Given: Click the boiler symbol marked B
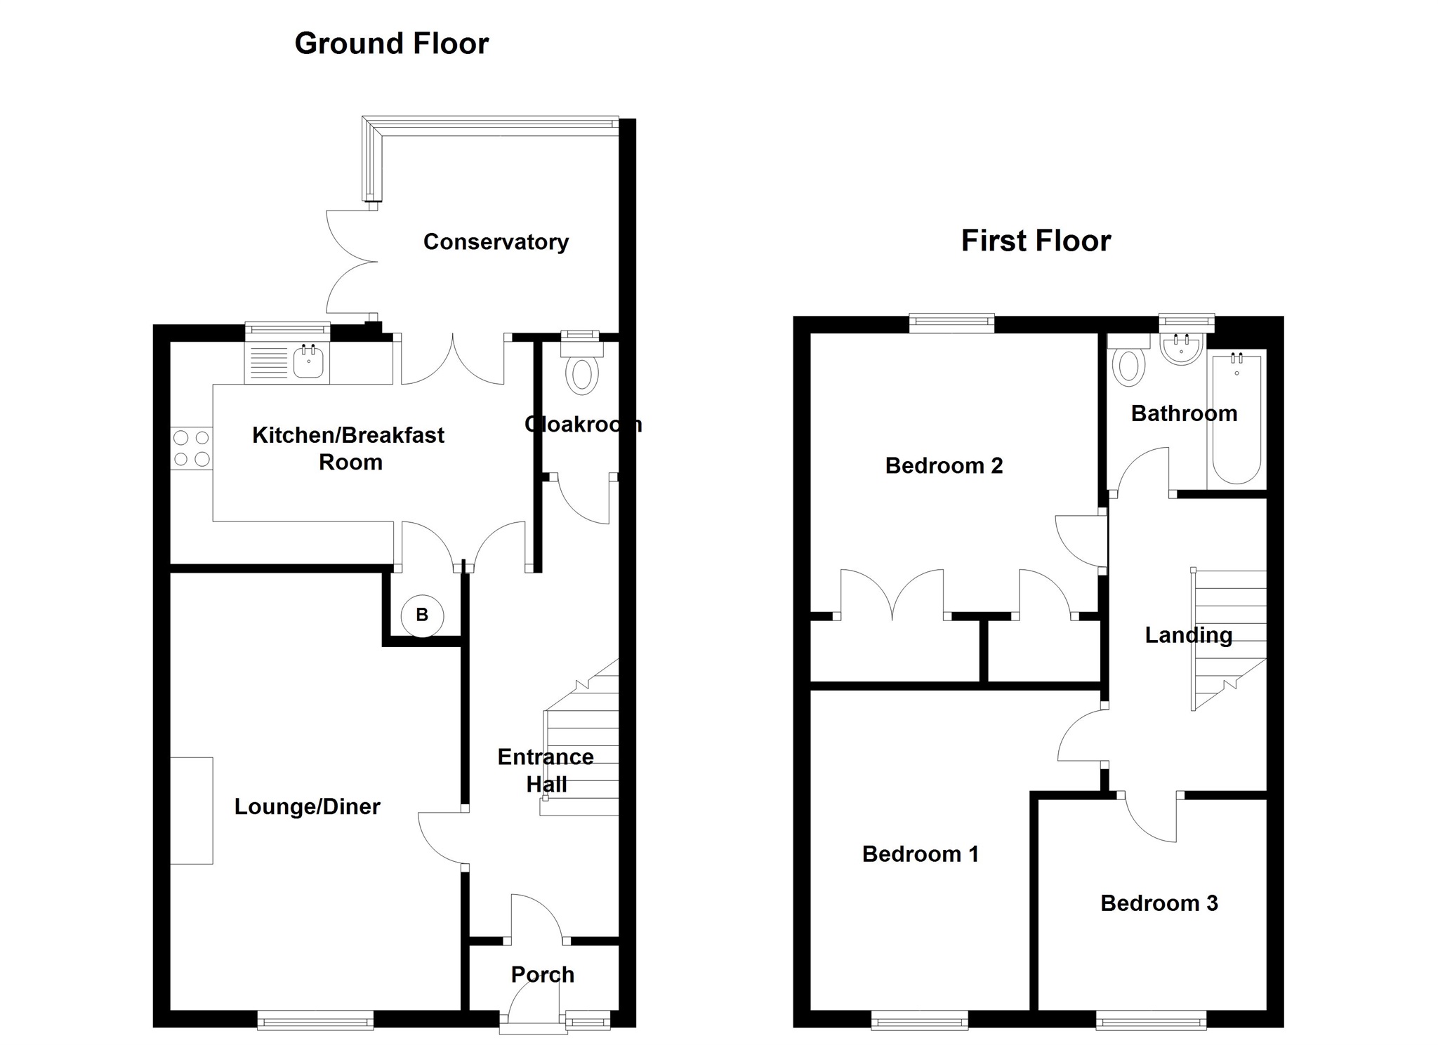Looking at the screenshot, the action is coord(422,615).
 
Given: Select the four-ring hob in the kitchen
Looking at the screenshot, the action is coord(192,448).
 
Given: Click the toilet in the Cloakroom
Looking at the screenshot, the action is coord(582,374).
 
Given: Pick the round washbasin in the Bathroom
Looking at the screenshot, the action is coord(1182,350).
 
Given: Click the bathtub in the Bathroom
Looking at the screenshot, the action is coord(1236,420).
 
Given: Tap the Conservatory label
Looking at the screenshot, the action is coord(496,242).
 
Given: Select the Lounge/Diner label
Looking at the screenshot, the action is coord(307,806).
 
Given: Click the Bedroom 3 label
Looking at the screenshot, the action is coord(1159,903).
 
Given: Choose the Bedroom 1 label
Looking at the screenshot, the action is coord(920,853).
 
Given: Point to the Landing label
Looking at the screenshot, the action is coord(1188,635).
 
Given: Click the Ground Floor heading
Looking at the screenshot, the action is coord(391,44).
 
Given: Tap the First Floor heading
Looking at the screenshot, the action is coord(1036,241).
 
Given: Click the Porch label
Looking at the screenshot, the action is coord(542,974).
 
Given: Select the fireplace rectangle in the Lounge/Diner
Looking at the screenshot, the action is coord(192,811).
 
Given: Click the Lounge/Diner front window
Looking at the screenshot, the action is coord(315,1019).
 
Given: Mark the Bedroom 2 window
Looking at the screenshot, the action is coord(951,323).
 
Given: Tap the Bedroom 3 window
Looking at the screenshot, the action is coord(1151,1019).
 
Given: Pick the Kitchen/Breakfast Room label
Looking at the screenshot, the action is coord(348,448).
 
